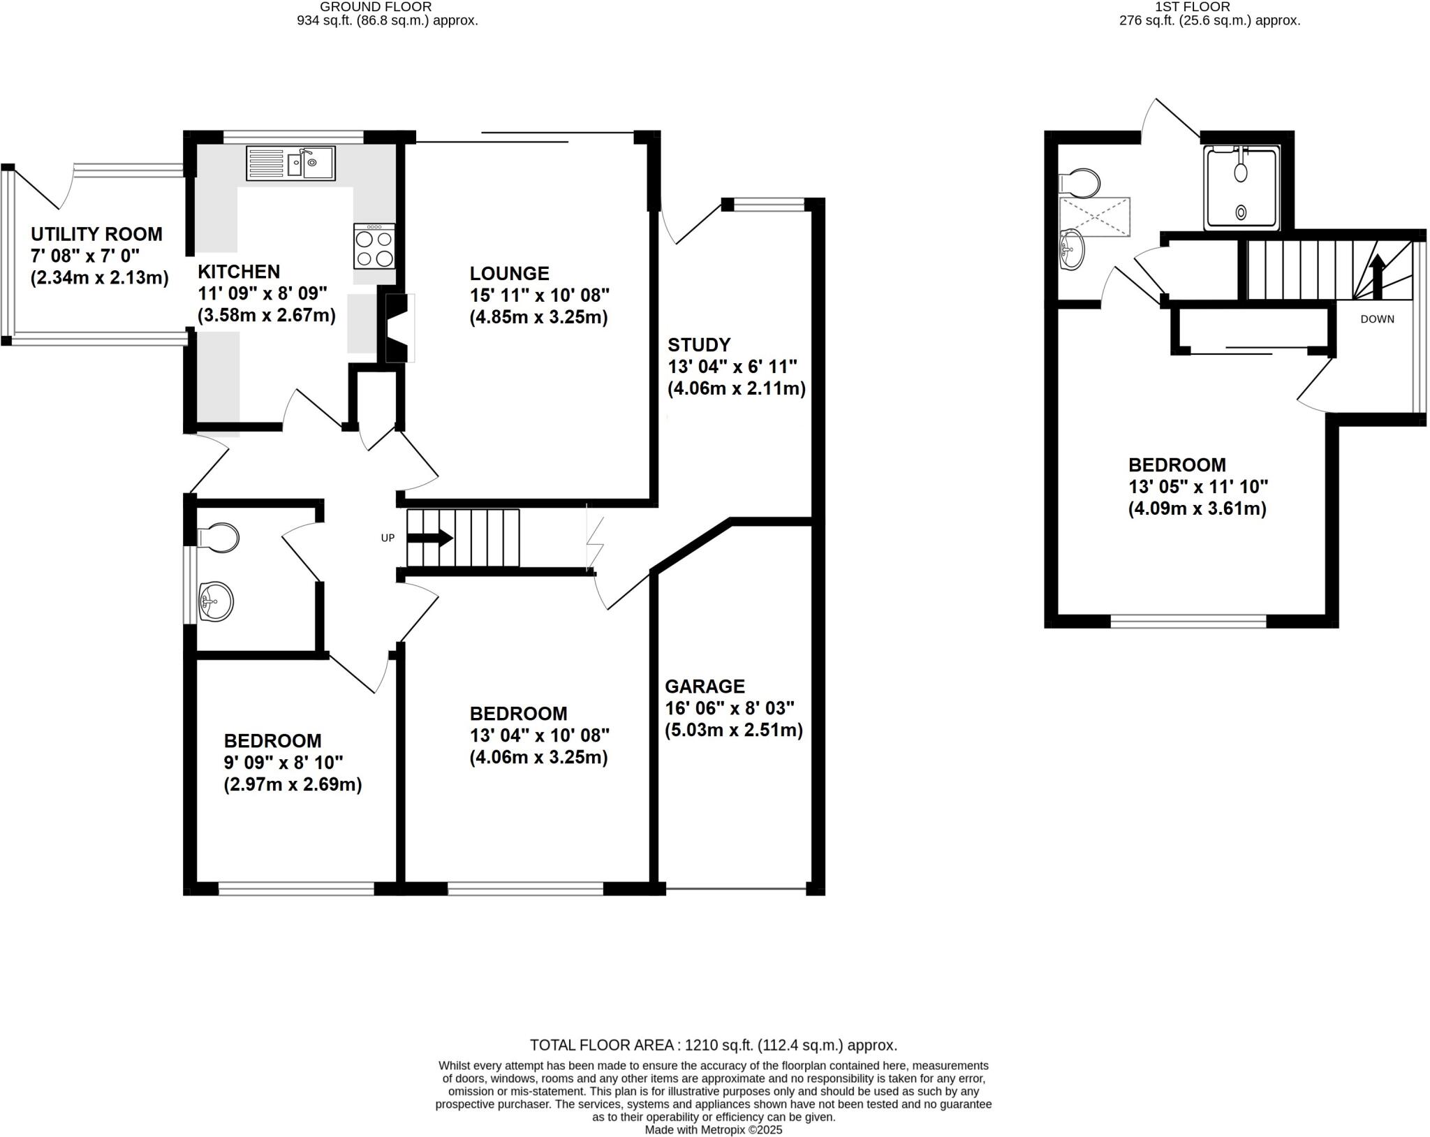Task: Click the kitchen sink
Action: (x=290, y=163)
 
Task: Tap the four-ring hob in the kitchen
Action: (x=374, y=246)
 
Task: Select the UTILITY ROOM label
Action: (x=96, y=234)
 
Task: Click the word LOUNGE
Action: (x=509, y=273)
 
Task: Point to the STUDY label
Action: (x=699, y=345)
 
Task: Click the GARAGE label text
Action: (x=705, y=687)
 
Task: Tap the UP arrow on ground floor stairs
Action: (x=431, y=538)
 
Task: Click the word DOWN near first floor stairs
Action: (x=1377, y=319)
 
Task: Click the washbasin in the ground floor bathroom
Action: (x=215, y=601)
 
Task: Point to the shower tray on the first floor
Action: (x=1241, y=188)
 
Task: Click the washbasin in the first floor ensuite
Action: (x=1072, y=249)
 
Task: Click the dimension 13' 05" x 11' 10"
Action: (x=1197, y=487)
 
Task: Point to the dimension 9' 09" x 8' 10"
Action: (x=283, y=763)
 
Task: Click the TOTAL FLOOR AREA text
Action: (x=713, y=1046)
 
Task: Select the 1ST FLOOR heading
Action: (x=1211, y=7)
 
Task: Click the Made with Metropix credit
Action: (x=713, y=1129)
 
